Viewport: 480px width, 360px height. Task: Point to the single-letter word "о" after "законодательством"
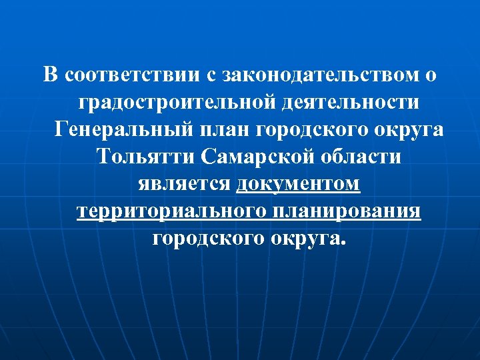(431, 75)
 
